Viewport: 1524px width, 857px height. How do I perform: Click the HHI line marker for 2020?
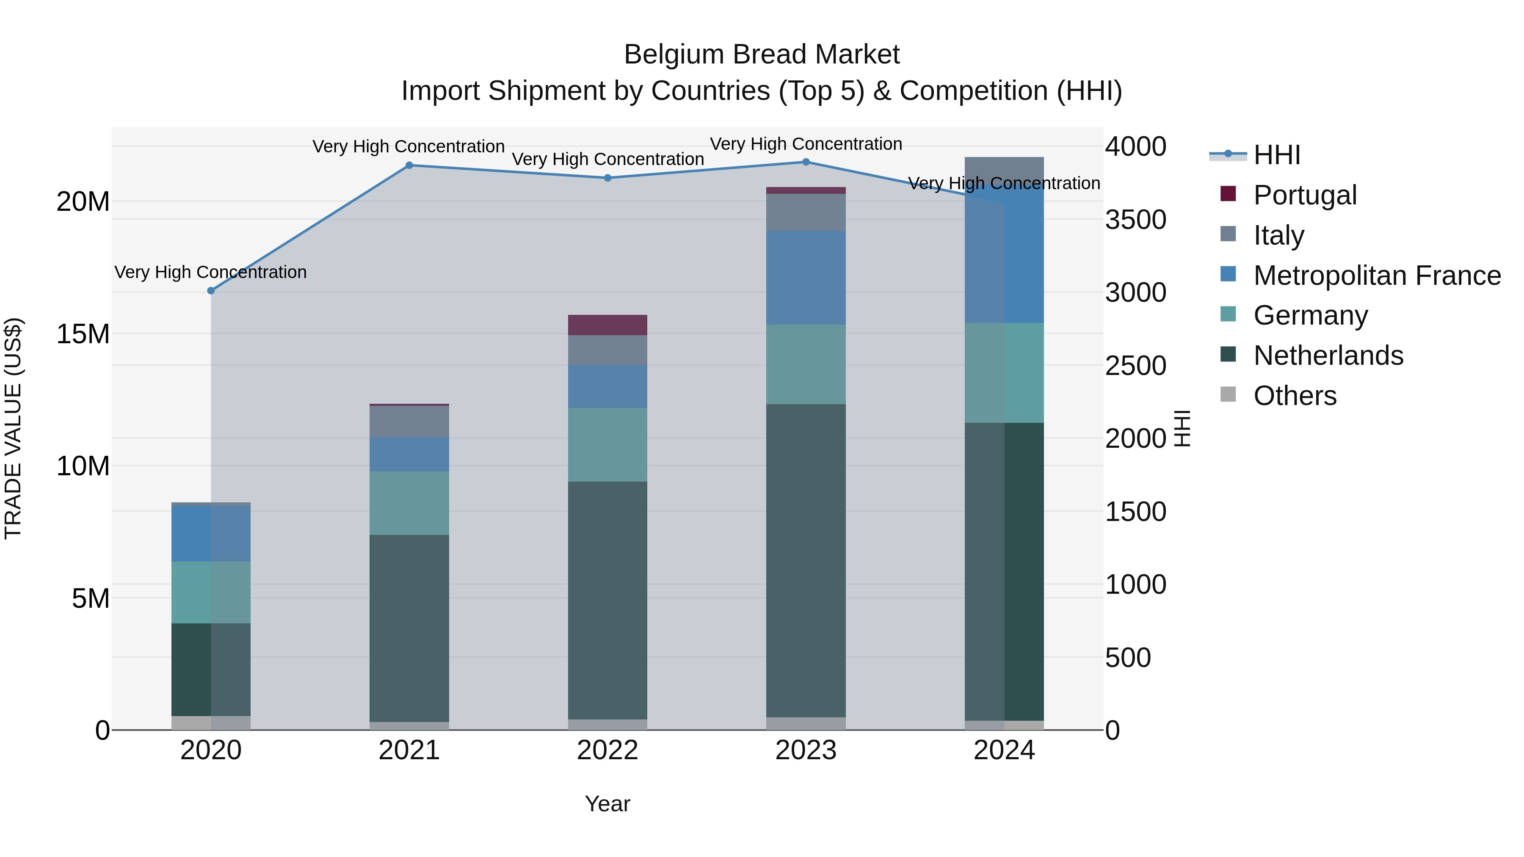(x=211, y=290)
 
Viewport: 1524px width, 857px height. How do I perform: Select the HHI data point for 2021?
(x=409, y=165)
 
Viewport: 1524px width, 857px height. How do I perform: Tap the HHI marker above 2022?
(x=607, y=178)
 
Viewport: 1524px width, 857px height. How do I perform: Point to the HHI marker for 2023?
(x=806, y=162)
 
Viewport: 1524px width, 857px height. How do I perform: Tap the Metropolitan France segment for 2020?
(x=211, y=534)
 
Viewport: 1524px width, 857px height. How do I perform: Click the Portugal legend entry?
(x=1305, y=195)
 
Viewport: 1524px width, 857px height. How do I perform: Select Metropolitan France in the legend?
(x=1377, y=276)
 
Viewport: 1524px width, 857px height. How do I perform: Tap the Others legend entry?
(x=1295, y=396)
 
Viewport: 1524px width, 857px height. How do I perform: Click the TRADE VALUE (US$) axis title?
(x=13, y=428)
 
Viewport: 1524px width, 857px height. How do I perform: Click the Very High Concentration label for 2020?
(x=211, y=272)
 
